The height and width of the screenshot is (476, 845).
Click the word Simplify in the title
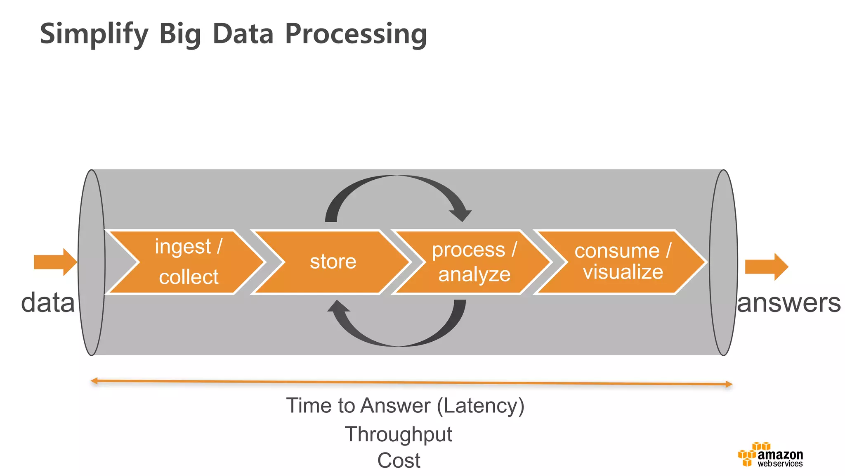coord(94,34)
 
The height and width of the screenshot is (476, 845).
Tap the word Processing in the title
coord(356,34)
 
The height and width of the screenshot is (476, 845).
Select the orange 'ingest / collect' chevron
coord(188,262)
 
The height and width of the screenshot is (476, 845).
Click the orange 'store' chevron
coord(333,262)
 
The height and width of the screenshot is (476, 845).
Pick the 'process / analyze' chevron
coord(474,262)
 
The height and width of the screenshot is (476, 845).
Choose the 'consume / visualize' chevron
coord(622,262)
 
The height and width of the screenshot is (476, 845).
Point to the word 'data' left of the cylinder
coord(48,302)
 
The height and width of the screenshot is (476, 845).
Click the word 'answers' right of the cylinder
coord(789,302)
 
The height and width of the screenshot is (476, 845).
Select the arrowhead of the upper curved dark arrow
coord(461,214)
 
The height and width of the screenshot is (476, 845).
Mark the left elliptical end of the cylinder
coord(92,262)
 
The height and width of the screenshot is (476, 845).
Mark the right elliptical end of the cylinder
coord(723,262)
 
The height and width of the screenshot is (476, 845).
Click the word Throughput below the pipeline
coord(399,434)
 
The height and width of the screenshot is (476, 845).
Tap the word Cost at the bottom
coord(399,460)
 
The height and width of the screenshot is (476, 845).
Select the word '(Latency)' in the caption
coord(481,406)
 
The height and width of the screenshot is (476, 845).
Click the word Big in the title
coord(180,34)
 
